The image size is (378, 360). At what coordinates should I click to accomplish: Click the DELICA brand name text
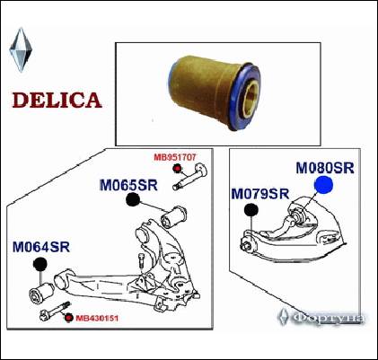click(56, 99)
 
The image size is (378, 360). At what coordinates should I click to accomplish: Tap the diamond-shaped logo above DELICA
click(20, 49)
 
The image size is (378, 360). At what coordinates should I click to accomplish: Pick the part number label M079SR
click(259, 193)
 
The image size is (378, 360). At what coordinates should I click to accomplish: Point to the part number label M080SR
click(326, 168)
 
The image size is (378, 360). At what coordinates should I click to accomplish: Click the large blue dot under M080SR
click(324, 186)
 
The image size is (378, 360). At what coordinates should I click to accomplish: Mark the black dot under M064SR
click(40, 264)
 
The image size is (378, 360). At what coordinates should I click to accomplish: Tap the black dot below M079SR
click(251, 210)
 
